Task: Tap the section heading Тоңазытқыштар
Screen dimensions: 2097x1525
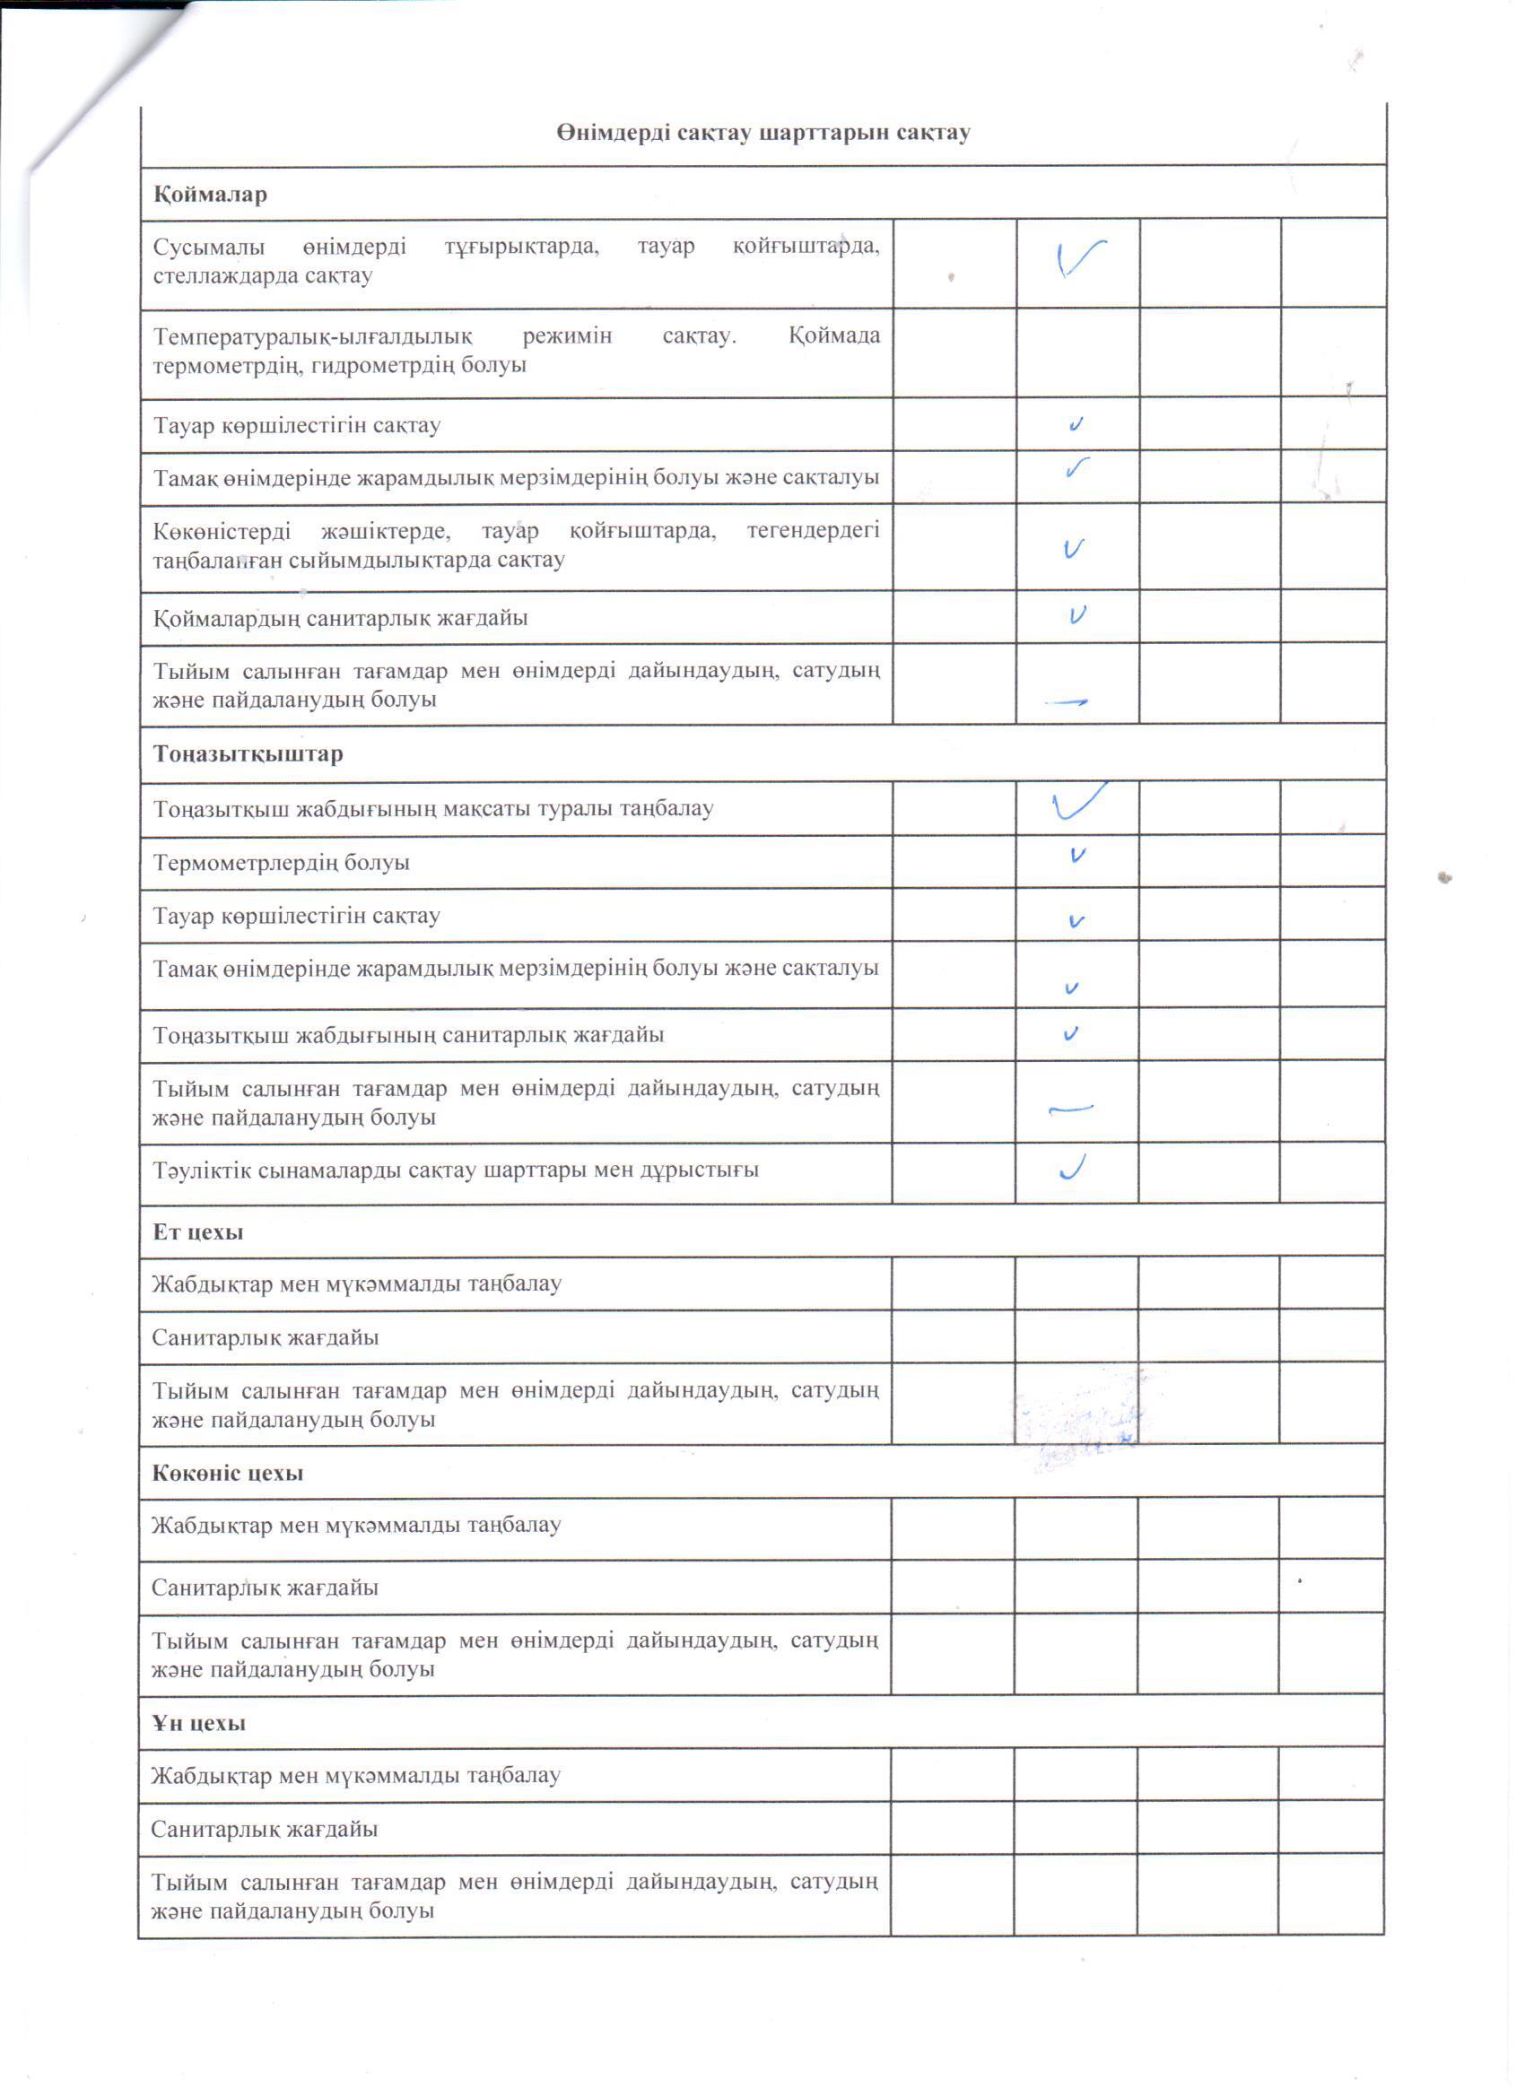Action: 248,753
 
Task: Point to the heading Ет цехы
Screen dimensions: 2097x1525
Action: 198,1232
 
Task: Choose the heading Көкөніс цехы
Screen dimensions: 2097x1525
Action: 228,1474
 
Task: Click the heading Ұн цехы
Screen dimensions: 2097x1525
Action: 199,1724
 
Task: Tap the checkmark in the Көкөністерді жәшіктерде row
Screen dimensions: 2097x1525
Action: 1073,549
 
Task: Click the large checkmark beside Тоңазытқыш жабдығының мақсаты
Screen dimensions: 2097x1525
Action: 1078,803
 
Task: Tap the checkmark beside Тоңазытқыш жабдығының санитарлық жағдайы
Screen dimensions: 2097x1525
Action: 1071,1034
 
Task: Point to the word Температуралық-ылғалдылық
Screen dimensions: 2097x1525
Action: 312,335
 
